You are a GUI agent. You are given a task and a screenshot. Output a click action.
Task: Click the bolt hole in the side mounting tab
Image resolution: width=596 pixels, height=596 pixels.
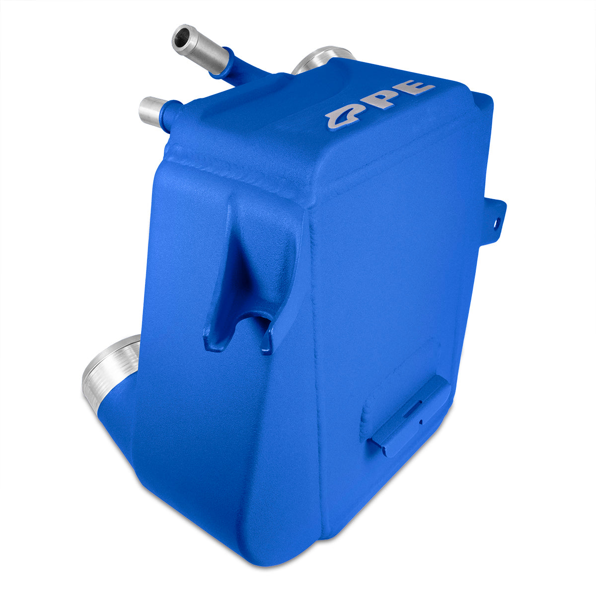point(497,222)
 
